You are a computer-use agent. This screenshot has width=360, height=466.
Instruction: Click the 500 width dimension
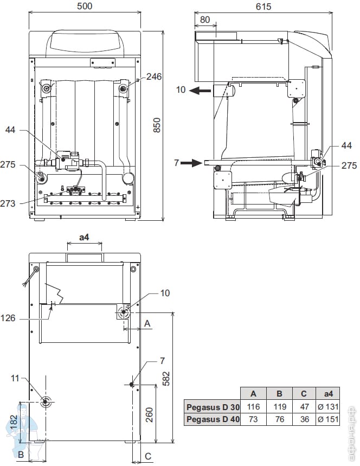pos(85,7)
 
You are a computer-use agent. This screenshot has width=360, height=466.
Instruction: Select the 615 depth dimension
pos(263,7)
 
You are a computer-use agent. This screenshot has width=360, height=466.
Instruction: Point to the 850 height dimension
pos(157,125)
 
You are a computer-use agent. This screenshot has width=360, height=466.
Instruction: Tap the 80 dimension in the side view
pos(204,20)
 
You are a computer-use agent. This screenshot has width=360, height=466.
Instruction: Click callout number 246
pos(154,76)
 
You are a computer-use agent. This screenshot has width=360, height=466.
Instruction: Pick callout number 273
pos(8,203)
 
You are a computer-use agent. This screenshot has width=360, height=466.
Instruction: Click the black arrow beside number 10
pos(200,91)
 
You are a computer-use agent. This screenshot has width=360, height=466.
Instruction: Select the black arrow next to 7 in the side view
pos(191,163)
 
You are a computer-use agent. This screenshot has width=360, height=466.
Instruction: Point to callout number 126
pos(8,318)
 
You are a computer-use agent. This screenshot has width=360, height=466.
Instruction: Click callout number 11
pos(15,378)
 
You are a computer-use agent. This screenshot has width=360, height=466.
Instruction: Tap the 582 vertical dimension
pos(166,379)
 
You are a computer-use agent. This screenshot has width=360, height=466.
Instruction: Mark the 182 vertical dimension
pos(14,422)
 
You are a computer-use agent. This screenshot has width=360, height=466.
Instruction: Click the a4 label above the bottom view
pos(85,237)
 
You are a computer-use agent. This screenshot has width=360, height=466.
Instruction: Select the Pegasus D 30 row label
pos(213,407)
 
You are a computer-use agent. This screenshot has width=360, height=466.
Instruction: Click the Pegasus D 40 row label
pos(213,419)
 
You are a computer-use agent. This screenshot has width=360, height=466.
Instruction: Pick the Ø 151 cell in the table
pos(328,419)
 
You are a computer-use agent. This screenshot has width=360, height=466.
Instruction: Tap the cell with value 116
pos(253,406)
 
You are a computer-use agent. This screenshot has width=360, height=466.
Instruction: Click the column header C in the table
pos(304,394)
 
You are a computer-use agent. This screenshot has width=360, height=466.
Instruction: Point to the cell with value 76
pos(279,419)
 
